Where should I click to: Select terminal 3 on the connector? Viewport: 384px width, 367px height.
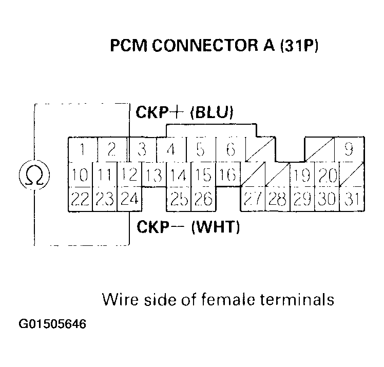coord(142,150)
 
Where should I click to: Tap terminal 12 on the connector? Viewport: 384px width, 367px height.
coord(130,175)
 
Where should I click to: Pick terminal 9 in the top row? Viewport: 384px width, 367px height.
coord(349,150)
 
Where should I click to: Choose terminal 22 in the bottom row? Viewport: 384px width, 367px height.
coord(80,199)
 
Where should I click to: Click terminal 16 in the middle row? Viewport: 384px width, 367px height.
coord(227,175)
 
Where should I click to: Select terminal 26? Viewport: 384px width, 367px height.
coord(203,199)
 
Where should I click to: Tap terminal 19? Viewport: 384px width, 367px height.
coord(302,175)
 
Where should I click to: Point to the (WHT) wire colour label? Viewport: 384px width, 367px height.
coord(216,227)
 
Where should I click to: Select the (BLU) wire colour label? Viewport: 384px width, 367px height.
coord(212,112)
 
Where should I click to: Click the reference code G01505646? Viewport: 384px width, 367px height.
coord(53,324)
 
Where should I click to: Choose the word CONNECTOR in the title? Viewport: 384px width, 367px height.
coord(201,47)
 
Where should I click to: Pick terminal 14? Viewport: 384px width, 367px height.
coord(178,175)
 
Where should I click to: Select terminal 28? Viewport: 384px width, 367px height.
coord(277,199)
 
